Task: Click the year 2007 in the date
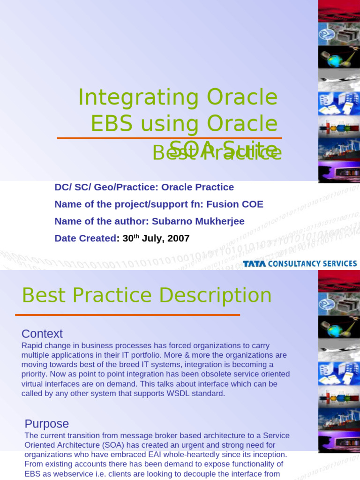click(178, 238)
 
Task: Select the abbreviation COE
click(253, 204)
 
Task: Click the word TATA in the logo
click(255, 264)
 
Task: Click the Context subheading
click(42, 334)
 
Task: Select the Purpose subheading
click(47, 424)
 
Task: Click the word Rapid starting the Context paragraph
click(32, 345)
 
